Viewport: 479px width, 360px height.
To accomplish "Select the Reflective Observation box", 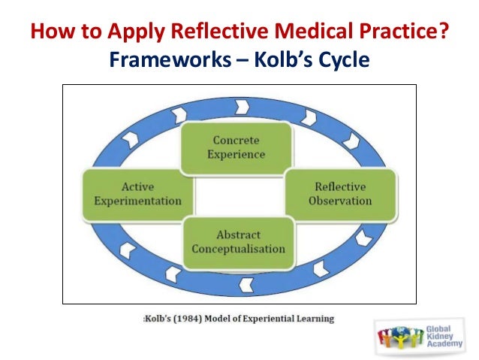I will click(x=340, y=194).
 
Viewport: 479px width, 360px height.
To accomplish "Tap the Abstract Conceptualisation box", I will click(x=238, y=241).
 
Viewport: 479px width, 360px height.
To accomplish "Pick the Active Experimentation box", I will click(x=132, y=194).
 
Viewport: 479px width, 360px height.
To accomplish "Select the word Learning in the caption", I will click(x=314, y=319).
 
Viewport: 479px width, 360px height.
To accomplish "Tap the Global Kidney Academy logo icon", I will click(x=396, y=334).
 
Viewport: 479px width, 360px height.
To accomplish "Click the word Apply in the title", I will click(x=134, y=35).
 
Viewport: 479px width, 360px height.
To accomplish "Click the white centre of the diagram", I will click(x=238, y=194).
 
